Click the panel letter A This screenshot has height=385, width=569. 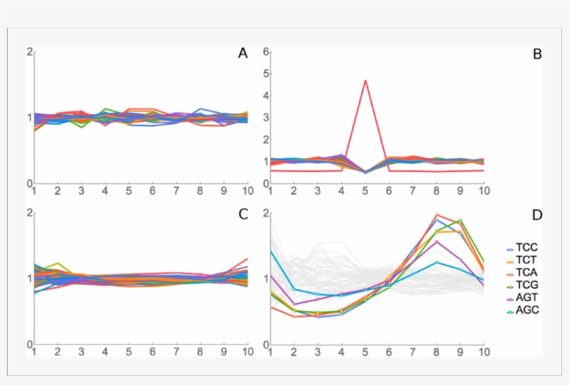coord(243,53)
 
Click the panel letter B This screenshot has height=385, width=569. coord(536,53)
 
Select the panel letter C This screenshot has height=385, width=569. coord(243,214)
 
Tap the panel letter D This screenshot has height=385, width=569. coord(536,215)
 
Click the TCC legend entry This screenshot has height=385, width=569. coord(527,248)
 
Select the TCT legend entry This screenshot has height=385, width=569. coord(527,260)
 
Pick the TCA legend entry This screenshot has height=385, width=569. coord(527,273)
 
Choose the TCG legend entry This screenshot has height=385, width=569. coord(527,285)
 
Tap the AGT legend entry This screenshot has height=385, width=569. coord(527,298)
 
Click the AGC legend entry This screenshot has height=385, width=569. coord(527,310)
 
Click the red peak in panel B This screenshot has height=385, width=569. coord(365,80)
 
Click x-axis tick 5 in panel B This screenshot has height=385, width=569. coord(365,191)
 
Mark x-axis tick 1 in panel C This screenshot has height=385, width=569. coord(34,352)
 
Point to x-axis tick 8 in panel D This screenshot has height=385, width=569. coord(436,352)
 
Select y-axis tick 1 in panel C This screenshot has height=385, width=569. coord(29,279)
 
